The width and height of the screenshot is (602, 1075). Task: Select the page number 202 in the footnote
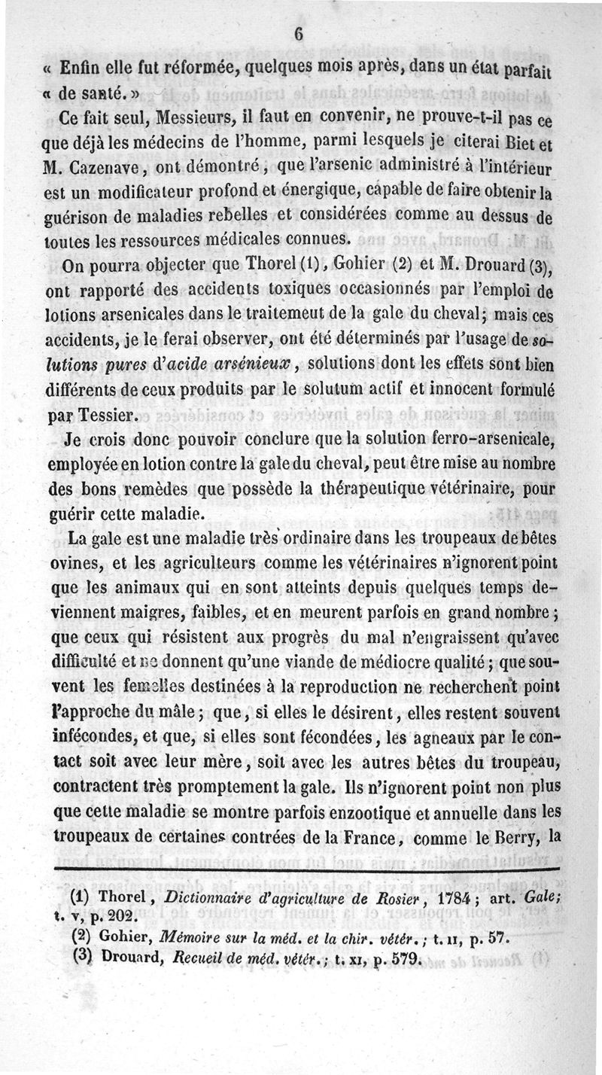112,916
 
